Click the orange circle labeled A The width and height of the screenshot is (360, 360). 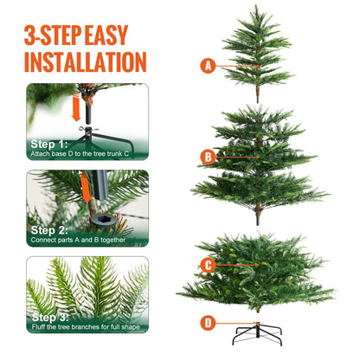coord(208,65)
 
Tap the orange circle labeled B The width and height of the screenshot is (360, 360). coord(208,157)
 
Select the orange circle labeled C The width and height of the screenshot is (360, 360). coord(208,266)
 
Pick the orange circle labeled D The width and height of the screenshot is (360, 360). coord(208,324)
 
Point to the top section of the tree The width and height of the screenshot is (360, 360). coord(258,48)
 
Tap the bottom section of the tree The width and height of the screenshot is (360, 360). coord(258,268)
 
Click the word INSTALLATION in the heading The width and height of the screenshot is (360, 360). coord(85,61)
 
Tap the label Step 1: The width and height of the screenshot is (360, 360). coord(49,144)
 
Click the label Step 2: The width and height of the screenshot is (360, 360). coord(49,229)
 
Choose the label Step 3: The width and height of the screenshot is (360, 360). coord(49,317)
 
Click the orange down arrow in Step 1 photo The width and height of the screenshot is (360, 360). coord(77,108)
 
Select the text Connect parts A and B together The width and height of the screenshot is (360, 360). coord(78,240)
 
